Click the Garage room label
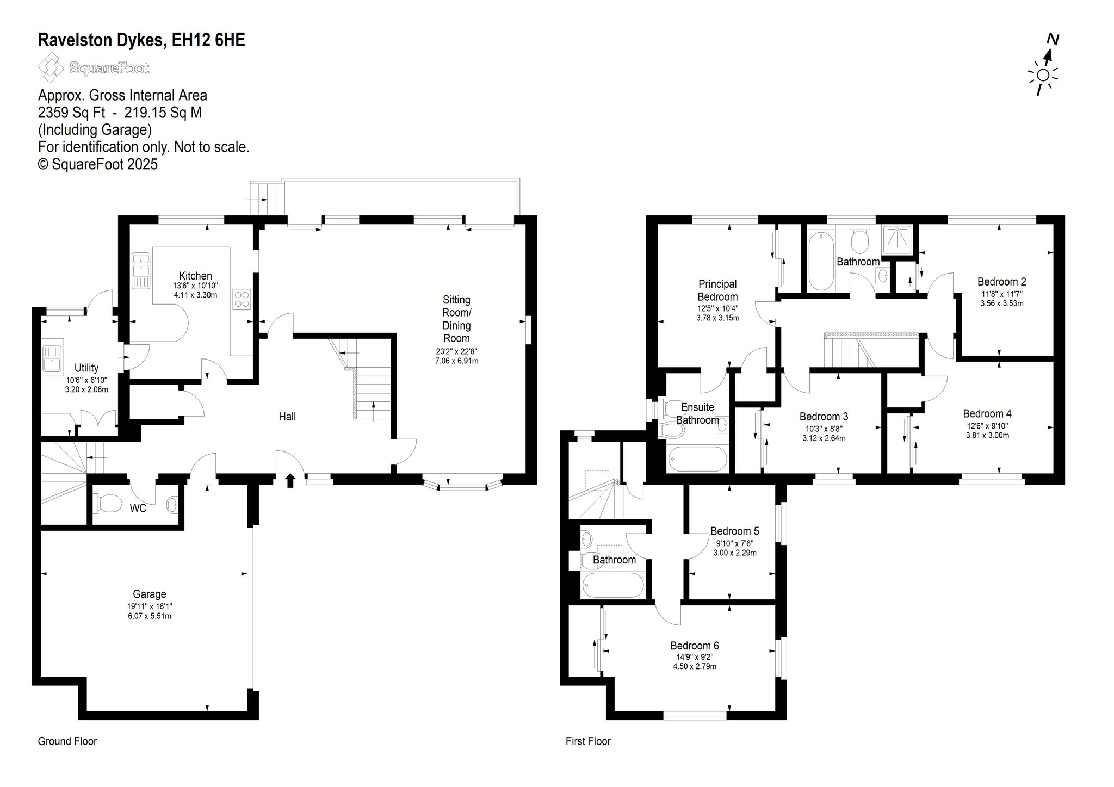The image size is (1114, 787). (150, 594)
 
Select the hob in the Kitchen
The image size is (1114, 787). (242, 299)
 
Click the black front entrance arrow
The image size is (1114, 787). (290, 480)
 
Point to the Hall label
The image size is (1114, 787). (287, 417)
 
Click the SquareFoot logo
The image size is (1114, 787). (94, 68)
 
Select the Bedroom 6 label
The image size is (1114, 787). (695, 646)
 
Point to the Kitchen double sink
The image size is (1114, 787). (140, 270)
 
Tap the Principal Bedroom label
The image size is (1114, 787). (717, 290)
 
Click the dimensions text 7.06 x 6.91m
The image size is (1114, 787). (456, 361)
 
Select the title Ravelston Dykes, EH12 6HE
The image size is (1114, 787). (141, 40)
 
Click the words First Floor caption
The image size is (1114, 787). (588, 741)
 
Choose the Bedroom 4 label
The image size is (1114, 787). (987, 414)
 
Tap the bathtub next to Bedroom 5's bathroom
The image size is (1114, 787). (613, 585)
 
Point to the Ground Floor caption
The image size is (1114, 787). (67, 741)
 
